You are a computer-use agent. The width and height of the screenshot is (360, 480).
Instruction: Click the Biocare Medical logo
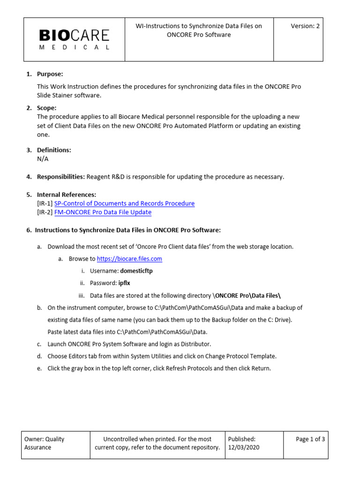tap(74, 39)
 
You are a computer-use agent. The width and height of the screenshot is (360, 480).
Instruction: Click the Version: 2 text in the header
tap(305, 26)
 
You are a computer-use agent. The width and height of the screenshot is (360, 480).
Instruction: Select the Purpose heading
tap(50, 74)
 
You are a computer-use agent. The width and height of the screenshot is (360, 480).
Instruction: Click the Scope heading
tap(47, 108)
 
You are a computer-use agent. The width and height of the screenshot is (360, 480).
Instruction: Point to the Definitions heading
tap(54, 150)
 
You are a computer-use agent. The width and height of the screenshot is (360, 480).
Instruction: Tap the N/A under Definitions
tap(43, 159)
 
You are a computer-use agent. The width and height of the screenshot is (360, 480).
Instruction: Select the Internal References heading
tap(67, 195)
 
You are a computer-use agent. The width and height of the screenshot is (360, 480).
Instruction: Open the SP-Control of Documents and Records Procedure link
tap(124, 203)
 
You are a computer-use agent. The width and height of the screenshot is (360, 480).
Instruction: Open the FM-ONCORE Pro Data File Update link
tap(103, 212)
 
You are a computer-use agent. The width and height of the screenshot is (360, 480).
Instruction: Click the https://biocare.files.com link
tap(129, 259)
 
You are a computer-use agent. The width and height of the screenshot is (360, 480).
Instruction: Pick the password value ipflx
tap(124, 283)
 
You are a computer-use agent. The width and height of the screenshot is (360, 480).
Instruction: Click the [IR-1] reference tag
tap(45, 203)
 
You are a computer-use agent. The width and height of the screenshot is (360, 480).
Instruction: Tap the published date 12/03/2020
tap(243, 448)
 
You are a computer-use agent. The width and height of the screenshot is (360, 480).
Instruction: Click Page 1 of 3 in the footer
tap(310, 439)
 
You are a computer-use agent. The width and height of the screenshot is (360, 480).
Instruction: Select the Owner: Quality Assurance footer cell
tap(45, 443)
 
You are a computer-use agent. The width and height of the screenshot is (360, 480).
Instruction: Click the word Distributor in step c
tap(188, 344)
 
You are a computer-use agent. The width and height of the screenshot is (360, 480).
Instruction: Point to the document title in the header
tap(199, 30)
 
